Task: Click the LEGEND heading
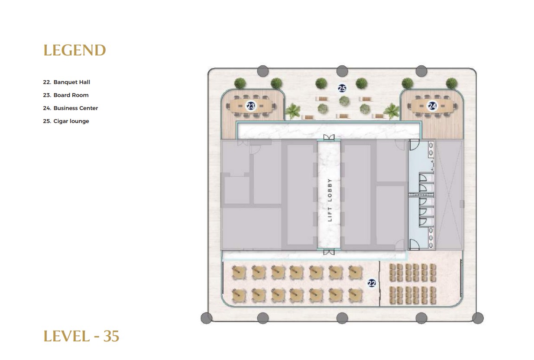coord(74,50)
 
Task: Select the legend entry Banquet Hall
coord(67,82)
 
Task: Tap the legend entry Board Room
coord(66,95)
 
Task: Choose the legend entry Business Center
coord(71,108)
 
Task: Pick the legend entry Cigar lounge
coord(66,121)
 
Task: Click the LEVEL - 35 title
coord(81,337)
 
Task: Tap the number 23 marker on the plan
coord(251,106)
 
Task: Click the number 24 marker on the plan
coord(432,106)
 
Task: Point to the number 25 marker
coord(342,88)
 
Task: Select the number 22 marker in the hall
coord(372,283)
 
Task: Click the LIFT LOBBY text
coord(330,200)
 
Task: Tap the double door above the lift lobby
coord(329,137)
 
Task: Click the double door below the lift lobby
coord(329,252)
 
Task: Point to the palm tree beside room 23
coord(292,111)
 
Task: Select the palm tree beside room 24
coord(391,111)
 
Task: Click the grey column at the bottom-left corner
coord(207,318)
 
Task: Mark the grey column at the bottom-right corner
coord(478,318)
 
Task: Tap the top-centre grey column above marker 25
coord(342,71)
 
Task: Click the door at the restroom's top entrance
coord(414,145)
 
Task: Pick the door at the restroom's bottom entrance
coord(414,244)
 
